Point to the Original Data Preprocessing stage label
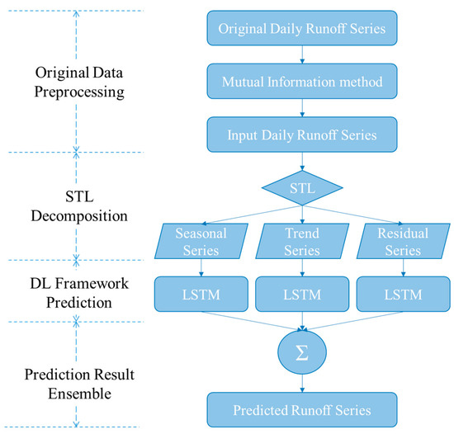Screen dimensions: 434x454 pyautogui.click(x=75, y=81)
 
